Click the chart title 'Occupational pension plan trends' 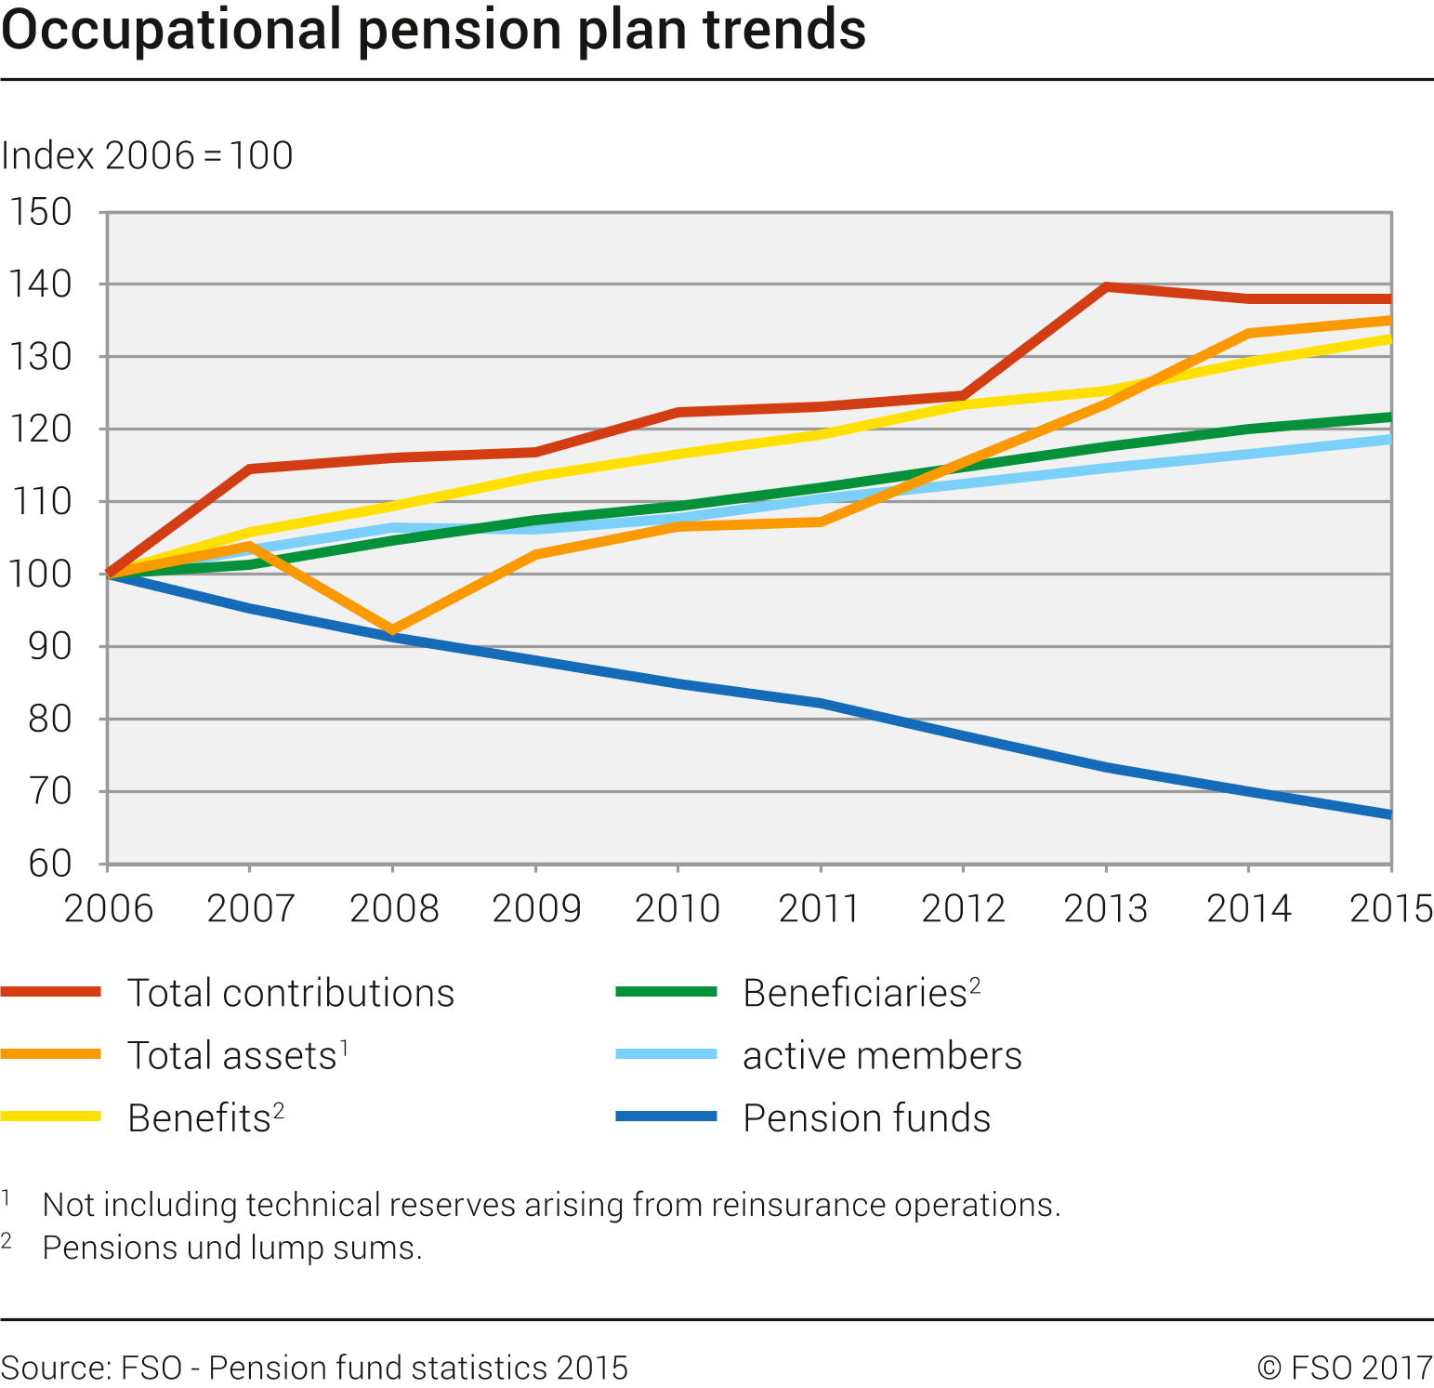click(x=433, y=30)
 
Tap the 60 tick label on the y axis click(x=50, y=864)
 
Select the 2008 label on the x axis click(x=393, y=908)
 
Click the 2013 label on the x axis click(x=1106, y=908)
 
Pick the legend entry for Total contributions click(x=291, y=993)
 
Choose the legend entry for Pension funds click(x=866, y=1117)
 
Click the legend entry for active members click(x=882, y=1055)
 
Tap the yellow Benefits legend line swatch click(x=51, y=1116)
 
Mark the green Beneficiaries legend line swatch click(x=666, y=992)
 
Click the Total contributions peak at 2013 click(x=1106, y=287)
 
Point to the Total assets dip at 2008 click(x=393, y=630)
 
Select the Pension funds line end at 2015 click(x=1388, y=814)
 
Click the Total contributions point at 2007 click(x=250, y=469)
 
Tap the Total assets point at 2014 click(x=1248, y=333)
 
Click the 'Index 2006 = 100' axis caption click(x=148, y=155)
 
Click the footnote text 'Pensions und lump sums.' click(x=232, y=1248)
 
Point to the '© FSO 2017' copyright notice click(x=1344, y=1368)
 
